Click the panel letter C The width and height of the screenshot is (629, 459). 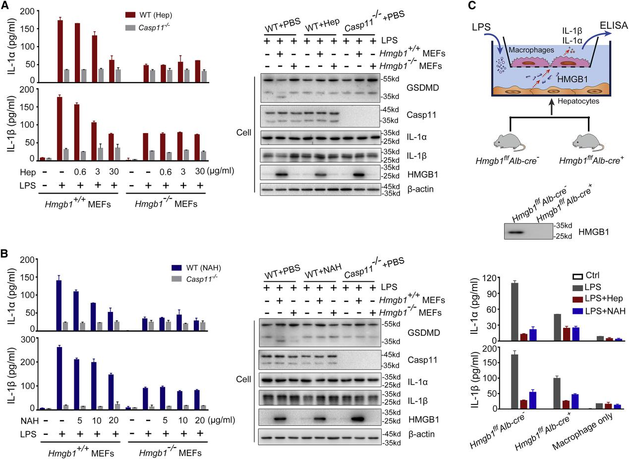click(x=472, y=5)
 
